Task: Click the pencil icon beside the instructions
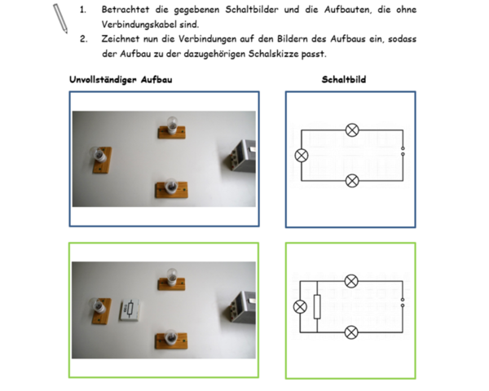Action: [60, 19]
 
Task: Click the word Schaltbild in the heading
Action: [344, 80]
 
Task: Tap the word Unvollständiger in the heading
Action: [104, 80]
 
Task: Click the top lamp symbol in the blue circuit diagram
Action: [352, 130]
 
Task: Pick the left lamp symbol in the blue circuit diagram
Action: [302, 156]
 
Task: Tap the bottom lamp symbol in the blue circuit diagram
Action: [352, 181]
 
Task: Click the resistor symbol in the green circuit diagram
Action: [317, 307]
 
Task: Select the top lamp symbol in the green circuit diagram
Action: [351, 282]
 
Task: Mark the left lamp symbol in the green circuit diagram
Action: [300, 307]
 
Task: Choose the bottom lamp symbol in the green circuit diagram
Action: [351, 332]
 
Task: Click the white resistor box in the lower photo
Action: [130, 310]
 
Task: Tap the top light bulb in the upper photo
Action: [171, 128]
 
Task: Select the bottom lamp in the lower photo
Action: [171, 339]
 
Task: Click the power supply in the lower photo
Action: [240, 308]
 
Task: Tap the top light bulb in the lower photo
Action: [171, 279]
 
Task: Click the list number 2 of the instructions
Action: [84, 39]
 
